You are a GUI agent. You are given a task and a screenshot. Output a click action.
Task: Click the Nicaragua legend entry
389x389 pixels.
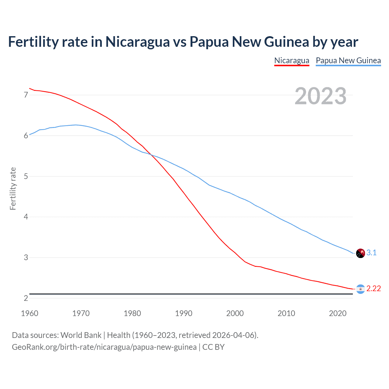[291, 60]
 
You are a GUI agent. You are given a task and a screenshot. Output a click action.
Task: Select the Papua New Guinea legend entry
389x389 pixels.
[348, 60]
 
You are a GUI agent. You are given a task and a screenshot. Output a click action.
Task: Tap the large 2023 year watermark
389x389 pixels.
[320, 96]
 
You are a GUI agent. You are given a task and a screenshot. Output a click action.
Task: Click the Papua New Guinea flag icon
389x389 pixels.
[360, 253]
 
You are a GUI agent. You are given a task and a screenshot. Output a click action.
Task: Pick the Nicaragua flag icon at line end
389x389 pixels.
[360, 289]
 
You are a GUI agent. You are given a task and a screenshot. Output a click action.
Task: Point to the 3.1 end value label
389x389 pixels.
[371, 253]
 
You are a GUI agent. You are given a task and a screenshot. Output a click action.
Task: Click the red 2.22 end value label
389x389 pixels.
[374, 288]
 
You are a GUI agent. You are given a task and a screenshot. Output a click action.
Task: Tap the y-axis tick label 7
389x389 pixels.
[26, 95]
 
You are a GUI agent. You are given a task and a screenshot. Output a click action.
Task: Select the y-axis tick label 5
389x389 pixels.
[26, 176]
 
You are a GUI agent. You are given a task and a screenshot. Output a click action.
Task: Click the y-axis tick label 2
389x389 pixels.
[26, 298]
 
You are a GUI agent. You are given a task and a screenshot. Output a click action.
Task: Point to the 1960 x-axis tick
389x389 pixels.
[29, 313]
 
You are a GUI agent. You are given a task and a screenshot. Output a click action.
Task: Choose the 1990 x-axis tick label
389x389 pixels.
[184, 313]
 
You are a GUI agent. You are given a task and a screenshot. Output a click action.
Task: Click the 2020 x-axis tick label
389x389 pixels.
[338, 313]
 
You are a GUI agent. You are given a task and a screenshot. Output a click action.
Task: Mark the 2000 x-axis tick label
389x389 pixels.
[235, 313]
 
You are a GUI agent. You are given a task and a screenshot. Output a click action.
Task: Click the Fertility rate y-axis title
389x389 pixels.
[13, 188]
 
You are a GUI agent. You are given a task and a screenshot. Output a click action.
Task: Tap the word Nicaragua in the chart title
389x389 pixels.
[137, 42]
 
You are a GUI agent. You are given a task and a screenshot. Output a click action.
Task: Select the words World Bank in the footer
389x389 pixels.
[81, 335]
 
